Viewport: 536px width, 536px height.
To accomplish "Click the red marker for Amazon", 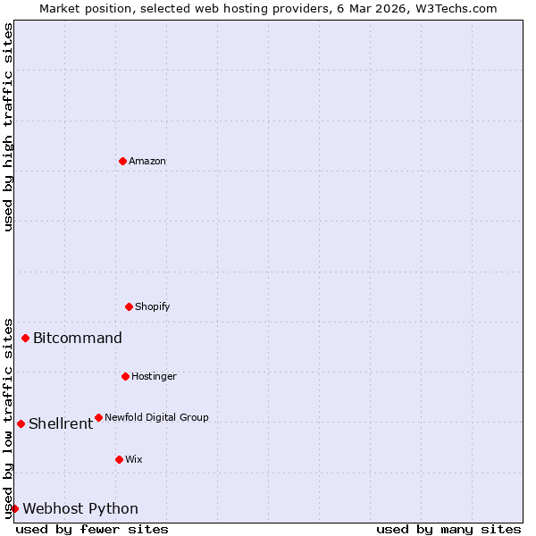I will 122,161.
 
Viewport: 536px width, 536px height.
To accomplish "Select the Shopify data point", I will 129,306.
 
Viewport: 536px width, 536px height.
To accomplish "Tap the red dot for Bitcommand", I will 25,338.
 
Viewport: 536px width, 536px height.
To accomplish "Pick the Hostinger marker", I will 125,376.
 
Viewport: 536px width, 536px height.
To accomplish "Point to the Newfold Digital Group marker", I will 98,417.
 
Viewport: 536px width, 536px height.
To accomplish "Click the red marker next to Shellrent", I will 21,423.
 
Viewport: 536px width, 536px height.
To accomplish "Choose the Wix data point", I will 119,459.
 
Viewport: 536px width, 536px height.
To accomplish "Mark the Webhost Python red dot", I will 14,508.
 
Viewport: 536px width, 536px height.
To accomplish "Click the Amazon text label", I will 147,162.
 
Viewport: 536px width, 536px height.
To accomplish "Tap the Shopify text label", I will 153,307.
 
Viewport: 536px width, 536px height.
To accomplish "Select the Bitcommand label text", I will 78,339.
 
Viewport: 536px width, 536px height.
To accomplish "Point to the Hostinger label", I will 154,377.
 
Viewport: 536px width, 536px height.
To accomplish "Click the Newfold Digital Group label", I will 156,418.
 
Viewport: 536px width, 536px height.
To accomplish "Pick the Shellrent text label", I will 61,424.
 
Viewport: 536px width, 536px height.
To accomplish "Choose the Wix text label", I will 134,460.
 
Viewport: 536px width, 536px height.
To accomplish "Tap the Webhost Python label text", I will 80,509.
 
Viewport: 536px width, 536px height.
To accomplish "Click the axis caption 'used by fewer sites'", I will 92,529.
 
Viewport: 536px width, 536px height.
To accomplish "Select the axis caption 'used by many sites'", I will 448,529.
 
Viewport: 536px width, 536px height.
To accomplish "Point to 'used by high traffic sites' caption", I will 9,127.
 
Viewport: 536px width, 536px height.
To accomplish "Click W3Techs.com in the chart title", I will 454,8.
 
